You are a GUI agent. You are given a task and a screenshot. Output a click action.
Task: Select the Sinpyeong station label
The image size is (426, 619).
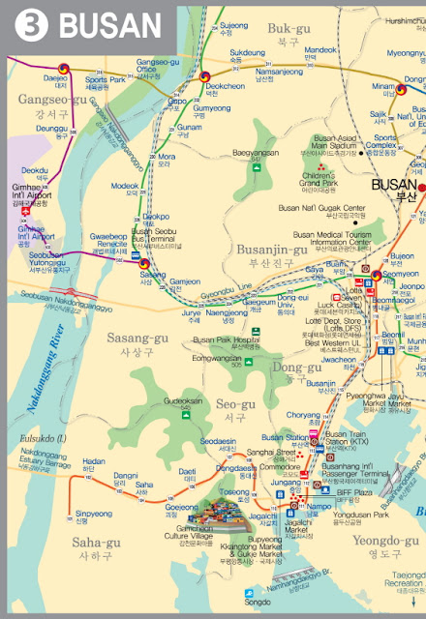coord(94,514)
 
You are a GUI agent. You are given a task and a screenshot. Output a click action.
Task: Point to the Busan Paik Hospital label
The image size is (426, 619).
coord(226,340)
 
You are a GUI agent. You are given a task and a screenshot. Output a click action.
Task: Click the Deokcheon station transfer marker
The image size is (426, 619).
coord(204,78)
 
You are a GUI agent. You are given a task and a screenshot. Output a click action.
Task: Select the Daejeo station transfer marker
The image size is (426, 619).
coord(64,69)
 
